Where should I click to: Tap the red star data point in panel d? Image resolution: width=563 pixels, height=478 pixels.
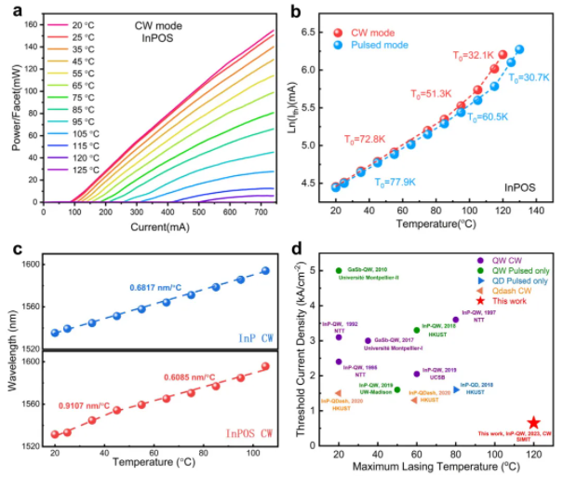(533, 422)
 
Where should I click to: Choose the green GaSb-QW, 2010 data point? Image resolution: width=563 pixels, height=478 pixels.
(339, 270)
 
